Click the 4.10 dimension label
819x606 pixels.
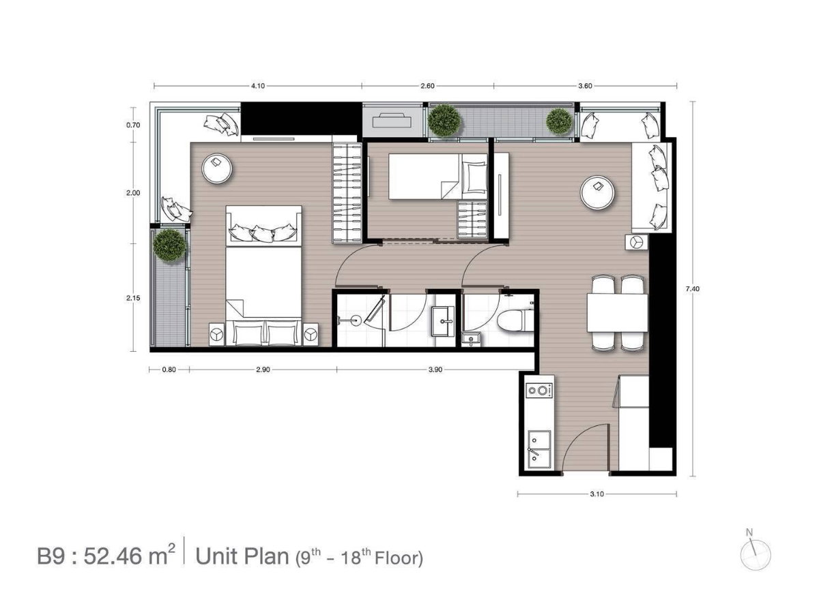258,86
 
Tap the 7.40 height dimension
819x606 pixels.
692,289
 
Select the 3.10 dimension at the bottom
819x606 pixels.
597,494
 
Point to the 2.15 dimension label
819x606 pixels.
133,298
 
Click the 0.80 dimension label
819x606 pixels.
169,369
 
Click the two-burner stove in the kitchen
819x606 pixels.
539,390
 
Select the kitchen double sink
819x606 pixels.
539,450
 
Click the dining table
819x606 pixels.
618,312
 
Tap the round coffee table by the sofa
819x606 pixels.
597,192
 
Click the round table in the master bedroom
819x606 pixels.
217,168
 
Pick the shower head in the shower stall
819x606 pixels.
355,320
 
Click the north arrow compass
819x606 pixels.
756,555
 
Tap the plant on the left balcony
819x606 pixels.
169,245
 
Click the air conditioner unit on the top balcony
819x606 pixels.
391,120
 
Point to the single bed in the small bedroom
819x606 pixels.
437,177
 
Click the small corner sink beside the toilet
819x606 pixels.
471,339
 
